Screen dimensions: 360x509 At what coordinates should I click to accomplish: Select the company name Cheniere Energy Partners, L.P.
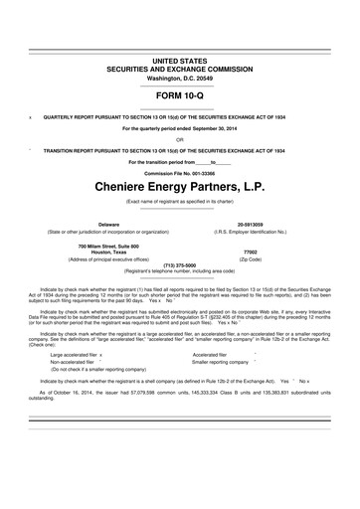[180, 185]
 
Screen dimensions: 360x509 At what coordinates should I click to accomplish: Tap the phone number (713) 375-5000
[180, 266]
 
